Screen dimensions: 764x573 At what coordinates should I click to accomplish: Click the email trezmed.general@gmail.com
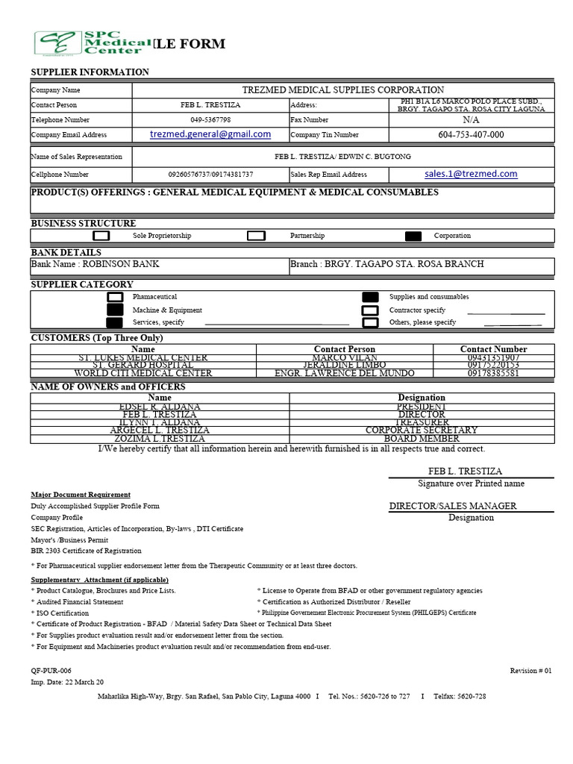[x=210, y=134]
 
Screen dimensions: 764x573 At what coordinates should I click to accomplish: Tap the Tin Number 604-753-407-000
[x=471, y=135]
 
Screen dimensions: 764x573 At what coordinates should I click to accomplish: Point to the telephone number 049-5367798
[x=210, y=120]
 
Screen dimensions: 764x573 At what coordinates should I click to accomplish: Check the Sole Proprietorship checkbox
[x=101, y=236]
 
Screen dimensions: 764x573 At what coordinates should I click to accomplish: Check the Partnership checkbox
[x=256, y=236]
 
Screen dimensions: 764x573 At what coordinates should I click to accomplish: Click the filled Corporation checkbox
[x=413, y=236]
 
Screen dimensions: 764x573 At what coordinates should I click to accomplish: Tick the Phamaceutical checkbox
[x=115, y=297]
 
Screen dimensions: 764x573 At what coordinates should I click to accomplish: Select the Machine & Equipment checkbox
[x=115, y=310]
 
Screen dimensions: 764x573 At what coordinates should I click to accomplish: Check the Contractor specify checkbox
[x=370, y=310]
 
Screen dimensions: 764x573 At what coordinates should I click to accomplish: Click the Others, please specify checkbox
[x=370, y=323]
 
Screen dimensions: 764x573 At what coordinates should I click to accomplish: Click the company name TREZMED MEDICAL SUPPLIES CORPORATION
[x=342, y=90]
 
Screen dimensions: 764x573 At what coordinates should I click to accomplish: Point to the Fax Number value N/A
[x=471, y=119]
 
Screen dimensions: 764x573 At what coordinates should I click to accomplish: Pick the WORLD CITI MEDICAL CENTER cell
[x=143, y=373]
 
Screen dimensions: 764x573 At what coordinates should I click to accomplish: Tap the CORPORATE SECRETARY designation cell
[x=422, y=430]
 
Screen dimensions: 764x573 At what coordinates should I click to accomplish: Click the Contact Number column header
[x=493, y=349]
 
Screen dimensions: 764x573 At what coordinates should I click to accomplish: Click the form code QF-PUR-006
[x=51, y=671]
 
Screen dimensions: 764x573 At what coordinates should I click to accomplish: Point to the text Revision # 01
[x=530, y=671]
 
